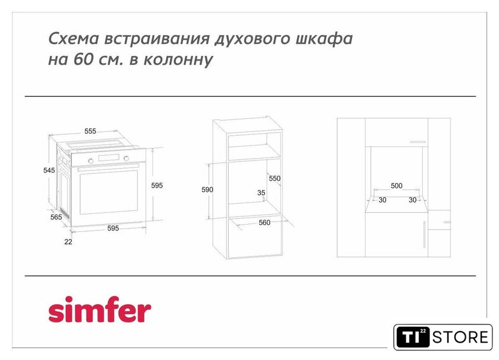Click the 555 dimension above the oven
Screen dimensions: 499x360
[x=90, y=131]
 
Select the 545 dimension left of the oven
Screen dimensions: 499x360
[x=49, y=170]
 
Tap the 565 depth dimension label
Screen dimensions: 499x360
[x=56, y=217]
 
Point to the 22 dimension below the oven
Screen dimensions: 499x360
[x=68, y=242]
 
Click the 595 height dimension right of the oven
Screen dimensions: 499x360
[x=157, y=185]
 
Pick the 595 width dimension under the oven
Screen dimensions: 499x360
[x=113, y=228]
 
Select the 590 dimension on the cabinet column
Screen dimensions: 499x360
[x=207, y=190]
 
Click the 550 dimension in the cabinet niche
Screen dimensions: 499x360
[x=274, y=178]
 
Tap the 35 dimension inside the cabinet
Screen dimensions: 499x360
[x=261, y=192]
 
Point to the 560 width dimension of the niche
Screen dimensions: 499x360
[x=264, y=223]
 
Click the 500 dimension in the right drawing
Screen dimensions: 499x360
[x=397, y=185]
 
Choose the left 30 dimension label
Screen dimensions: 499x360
[x=382, y=200]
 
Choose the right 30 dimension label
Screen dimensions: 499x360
[x=412, y=200]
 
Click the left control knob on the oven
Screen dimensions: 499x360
[x=91, y=161]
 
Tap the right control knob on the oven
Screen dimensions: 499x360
[x=127, y=158]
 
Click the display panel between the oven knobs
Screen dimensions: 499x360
[x=109, y=158]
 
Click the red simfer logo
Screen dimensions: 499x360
[x=100, y=310]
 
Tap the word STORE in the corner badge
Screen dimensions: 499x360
[x=460, y=337]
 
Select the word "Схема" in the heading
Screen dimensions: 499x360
[x=74, y=39]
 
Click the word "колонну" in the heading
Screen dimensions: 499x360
[x=178, y=60]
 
